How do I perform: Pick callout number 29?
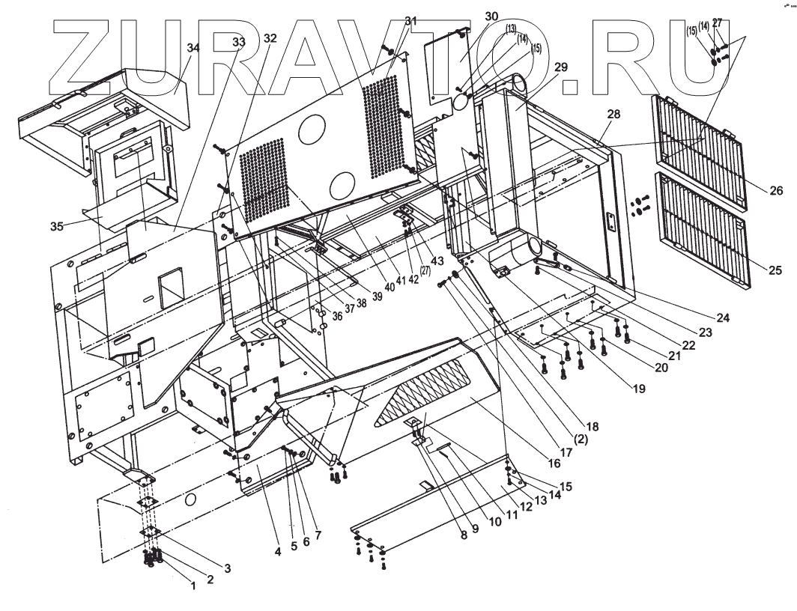click(561, 67)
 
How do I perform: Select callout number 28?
click(614, 114)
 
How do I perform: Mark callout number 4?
click(277, 553)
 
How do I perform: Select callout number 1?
click(193, 586)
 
